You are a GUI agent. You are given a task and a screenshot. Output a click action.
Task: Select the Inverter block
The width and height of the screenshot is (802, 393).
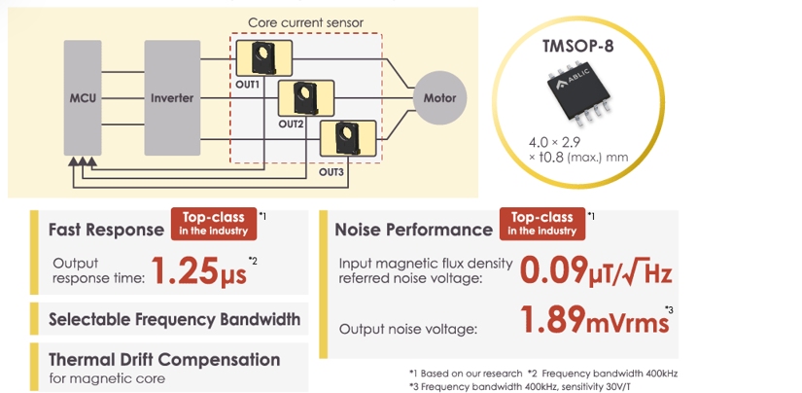[x=172, y=97]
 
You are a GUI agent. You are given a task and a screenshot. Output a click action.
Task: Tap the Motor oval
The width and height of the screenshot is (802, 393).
[x=439, y=98]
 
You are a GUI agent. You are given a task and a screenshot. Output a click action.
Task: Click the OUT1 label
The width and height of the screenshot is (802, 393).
[x=248, y=84]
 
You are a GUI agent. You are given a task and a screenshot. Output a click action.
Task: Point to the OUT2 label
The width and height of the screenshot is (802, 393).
[x=292, y=125]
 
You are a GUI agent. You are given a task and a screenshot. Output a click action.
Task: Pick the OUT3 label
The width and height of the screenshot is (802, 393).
[x=332, y=171]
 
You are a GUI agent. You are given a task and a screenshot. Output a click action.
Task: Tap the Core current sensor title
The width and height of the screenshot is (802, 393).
[x=305, y=22]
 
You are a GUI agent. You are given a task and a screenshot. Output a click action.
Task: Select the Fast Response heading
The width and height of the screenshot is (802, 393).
[x=106, y=230]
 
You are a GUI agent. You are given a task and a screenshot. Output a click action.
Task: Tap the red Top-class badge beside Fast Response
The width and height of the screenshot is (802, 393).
[x=214, y=224]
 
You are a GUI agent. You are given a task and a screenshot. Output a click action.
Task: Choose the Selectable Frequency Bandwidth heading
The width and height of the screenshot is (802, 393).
[x=175, y=318]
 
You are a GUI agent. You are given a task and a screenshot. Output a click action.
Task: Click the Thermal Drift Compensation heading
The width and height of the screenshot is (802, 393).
[x=164, y=359]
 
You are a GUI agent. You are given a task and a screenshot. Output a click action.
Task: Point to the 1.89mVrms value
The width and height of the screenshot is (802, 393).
[x=593, y=319]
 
